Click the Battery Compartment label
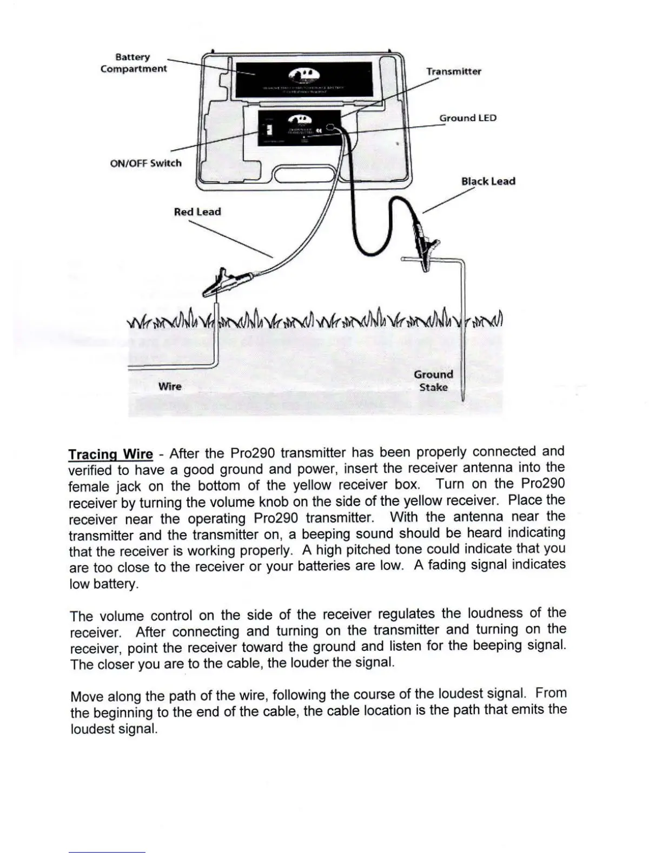[133, 63]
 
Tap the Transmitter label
[453, 71]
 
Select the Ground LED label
[467, 118]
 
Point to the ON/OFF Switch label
[145, 163]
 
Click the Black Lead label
[488, 181]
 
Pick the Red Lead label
[197, 212]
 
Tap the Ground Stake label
[433, 380]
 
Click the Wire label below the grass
[170, 386]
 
